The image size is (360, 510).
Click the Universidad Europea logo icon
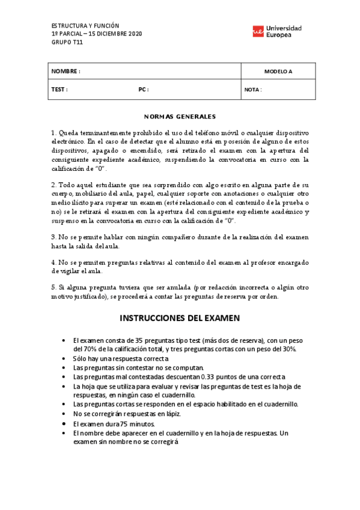tap(258, 32)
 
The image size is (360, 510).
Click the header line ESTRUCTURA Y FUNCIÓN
tap(82, 26)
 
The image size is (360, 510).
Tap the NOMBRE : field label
tap(66, 72)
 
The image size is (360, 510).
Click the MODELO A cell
tap(278, 72)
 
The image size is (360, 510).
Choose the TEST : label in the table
tap(59, 90)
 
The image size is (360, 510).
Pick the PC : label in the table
tap(144, 90)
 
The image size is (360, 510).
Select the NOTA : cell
tap(253, 90)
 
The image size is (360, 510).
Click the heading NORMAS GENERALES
tap(180, 116)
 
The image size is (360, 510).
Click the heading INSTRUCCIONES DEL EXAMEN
tap(180, 318)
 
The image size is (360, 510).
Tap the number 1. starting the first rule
tap(53, 132)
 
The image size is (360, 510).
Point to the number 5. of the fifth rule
tap(53, 287)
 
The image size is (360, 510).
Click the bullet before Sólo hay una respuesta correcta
tap(64, 358)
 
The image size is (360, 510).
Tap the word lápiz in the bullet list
tap(172, 414)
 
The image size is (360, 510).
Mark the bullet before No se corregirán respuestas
tap(64, 414)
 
